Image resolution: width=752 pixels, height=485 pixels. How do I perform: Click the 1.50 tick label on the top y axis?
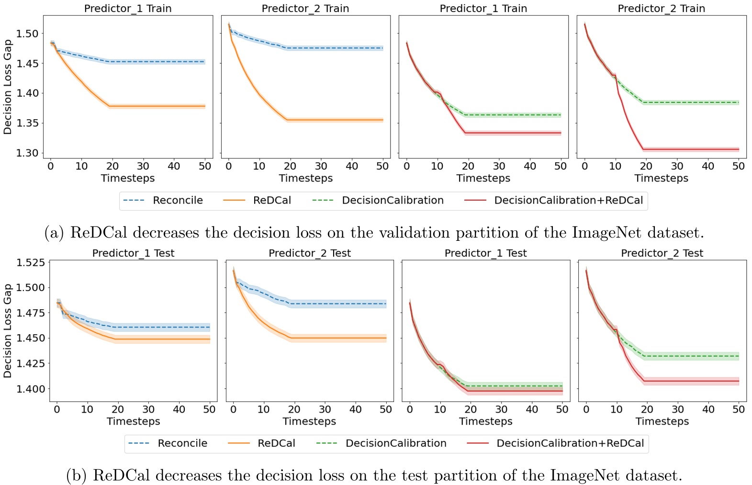[x=27, y=34]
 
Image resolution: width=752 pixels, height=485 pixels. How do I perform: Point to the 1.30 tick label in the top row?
[x=27, y=153]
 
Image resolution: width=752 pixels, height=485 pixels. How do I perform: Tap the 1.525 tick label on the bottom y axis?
[x=31, y=262]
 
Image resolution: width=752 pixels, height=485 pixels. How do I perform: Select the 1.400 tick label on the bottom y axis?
[x=31, y=389]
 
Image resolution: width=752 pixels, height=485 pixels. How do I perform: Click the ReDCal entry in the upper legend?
[x=272, y=200]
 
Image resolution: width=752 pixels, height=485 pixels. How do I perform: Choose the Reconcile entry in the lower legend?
[x=182, y=443]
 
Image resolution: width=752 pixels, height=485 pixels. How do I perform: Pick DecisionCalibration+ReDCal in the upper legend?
[x=568, y=200]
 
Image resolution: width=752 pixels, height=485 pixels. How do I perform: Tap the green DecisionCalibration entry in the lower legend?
[x=396, y=443]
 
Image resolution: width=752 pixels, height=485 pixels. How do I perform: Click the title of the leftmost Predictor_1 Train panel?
[x=128, y=8]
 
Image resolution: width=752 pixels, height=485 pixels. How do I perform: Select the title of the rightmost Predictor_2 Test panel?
[x=662, y=253]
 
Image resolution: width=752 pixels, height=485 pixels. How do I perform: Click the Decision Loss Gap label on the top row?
[x=8, y=87]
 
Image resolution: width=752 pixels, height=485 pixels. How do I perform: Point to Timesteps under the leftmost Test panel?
[x=133, y=421]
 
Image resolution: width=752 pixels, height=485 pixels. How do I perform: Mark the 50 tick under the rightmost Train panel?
[x=739, y=166]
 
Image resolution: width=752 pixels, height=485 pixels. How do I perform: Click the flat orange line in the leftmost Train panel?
[x=158, y=106]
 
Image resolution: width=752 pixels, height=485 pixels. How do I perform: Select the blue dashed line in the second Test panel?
[x=335, y=304]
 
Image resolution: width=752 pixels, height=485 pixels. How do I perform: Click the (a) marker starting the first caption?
[x=54, y=233]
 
